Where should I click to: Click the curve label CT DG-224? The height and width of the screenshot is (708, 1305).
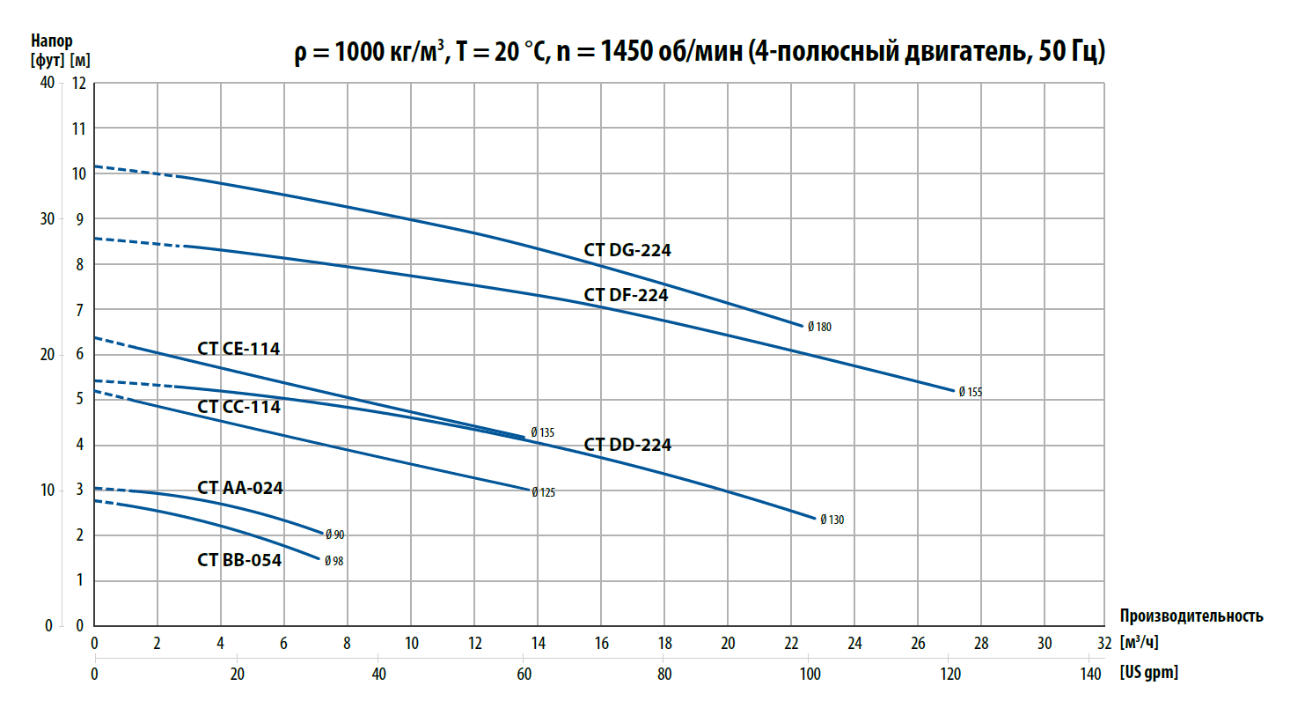point(627,250)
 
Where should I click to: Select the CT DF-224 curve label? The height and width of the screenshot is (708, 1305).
point(626,295)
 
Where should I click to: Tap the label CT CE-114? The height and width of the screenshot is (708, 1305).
point(238,349)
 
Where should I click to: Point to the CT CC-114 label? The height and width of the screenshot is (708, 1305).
point(238,407)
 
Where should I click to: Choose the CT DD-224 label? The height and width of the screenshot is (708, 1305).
point(627,445)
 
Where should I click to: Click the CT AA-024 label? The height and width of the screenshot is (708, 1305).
point(240,488)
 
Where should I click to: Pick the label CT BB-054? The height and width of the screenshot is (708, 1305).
point(239,559)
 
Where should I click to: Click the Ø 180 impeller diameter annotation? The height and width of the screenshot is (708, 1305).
point(819,327)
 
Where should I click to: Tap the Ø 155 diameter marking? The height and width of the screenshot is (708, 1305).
point(970,392)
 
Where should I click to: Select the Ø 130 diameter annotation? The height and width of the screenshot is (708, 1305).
point(832,520)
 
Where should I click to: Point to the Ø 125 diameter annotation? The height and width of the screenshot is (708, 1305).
point(543,492)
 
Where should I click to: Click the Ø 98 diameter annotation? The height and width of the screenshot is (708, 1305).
point(334,561)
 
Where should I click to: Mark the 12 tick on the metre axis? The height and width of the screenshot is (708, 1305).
point(79,83)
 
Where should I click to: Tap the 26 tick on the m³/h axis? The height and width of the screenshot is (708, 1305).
point(918,644)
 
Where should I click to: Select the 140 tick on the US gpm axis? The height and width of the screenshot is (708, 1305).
point(1089,674)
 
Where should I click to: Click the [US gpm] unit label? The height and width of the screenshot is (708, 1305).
point(1148,674)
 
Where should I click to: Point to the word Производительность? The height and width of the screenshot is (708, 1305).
point(1191,616)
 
